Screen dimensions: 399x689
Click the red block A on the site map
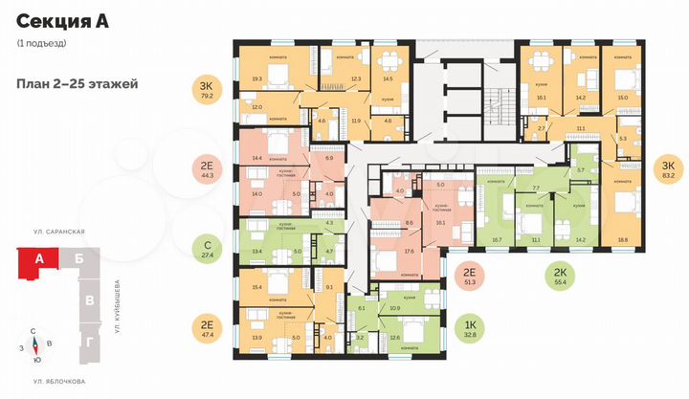pyautogui.click(x=40, y=259)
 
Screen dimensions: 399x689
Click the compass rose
pyautogui.click(x=35, y=344)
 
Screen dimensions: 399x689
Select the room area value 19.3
pyautogui.click(x=256, y=79)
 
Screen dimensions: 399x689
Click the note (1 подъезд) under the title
pyautogui.click(x=41, y=45)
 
